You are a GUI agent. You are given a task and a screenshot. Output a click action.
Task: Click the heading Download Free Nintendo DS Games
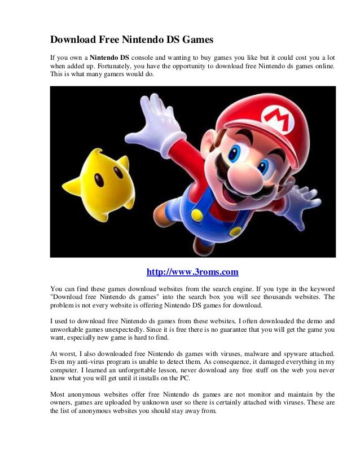click(132, 40)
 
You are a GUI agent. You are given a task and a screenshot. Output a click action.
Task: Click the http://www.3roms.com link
click(192, 272)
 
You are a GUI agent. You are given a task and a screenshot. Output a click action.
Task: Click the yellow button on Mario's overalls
click(197, 215)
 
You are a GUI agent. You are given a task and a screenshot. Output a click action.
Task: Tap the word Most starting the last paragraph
click(58, 394)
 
